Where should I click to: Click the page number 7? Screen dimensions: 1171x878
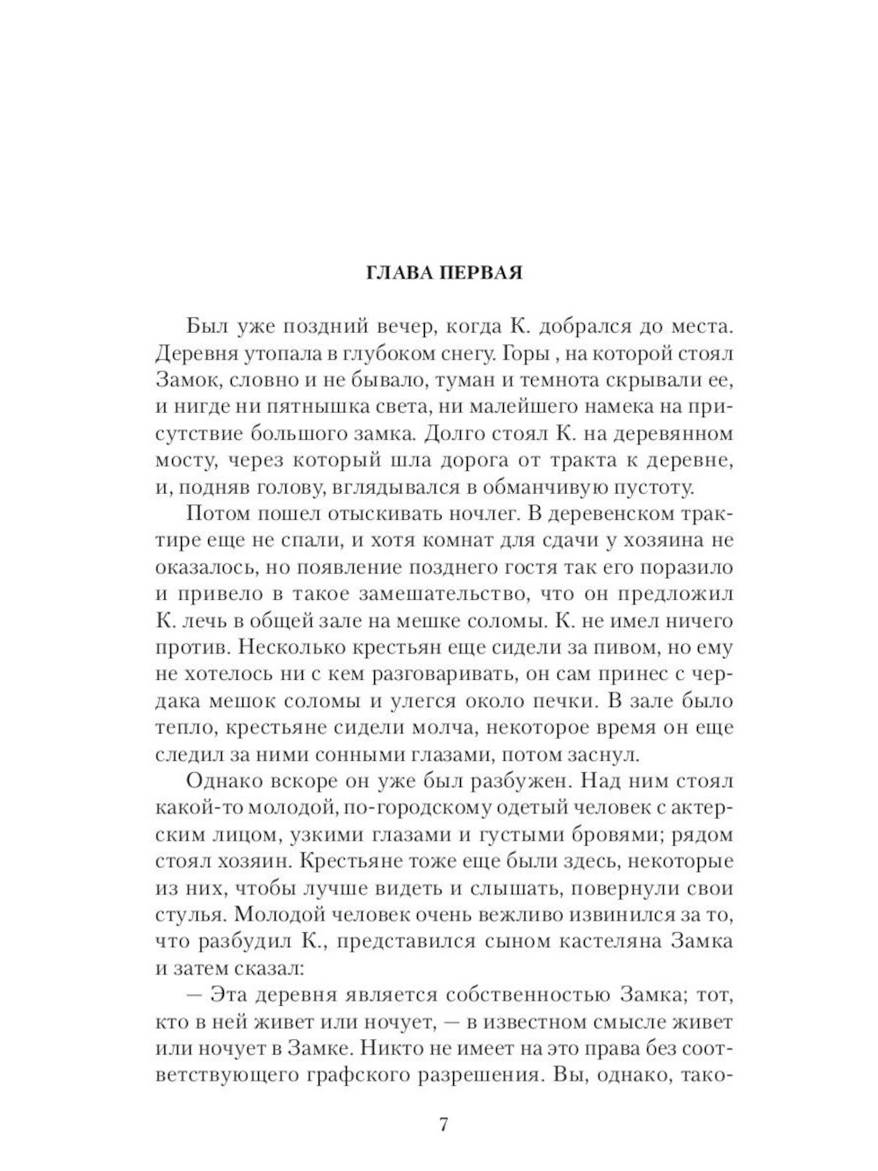(x=443, y=1124)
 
